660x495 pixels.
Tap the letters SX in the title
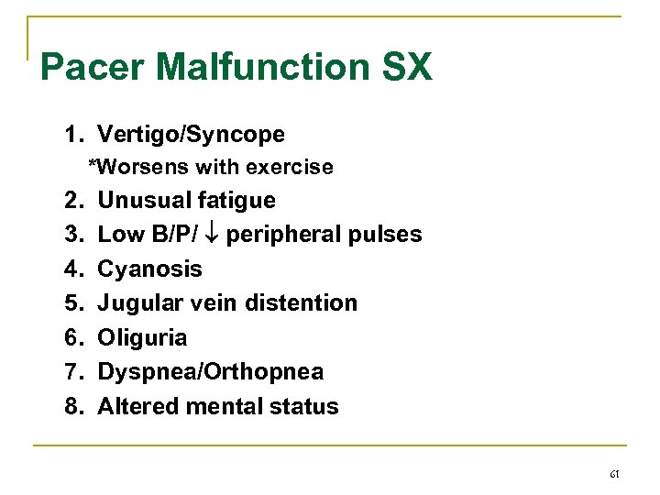pos(403,68)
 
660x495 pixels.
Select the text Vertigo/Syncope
pos(191,135)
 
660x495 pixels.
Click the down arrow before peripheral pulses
pos(210,235)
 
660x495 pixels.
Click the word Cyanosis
pos(149,269)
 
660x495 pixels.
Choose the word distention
pos(310,302)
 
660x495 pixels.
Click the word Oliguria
pos(142,337)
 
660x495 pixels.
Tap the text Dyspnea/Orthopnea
pos(210,372)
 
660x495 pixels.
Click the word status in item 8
pos(306,406)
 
